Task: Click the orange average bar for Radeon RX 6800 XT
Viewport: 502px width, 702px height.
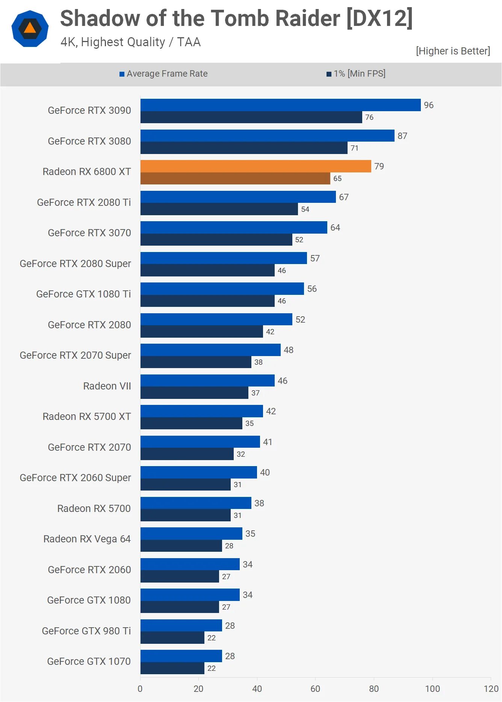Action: [256, 166]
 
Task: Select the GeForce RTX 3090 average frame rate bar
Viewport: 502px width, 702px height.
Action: [280, 105]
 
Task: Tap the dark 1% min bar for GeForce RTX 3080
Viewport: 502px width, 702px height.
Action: [243, 148]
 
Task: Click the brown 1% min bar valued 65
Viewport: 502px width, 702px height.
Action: [235, 178]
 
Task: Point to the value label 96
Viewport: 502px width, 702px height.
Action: [428, 105]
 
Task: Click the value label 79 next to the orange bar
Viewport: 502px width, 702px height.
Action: [379, 166]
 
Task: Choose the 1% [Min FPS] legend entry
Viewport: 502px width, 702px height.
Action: [356, 74]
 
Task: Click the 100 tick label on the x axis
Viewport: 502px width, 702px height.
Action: [432, 689]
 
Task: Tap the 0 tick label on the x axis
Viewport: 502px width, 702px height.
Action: [140, 689]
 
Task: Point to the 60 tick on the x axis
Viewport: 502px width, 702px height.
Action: [315, 689]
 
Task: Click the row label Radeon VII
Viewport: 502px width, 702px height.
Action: [107, 386]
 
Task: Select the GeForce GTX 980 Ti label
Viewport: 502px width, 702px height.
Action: [86, 631]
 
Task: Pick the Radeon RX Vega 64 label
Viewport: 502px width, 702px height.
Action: [87, 539]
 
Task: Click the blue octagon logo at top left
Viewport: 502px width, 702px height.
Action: [30, 29]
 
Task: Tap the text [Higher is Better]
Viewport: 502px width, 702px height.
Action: [453, 51]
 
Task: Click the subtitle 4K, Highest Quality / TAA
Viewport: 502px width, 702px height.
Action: [130, 42]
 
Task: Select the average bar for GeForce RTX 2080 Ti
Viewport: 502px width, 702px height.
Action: [238, 197]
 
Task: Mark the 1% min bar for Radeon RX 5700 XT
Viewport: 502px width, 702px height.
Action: [191, 423]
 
